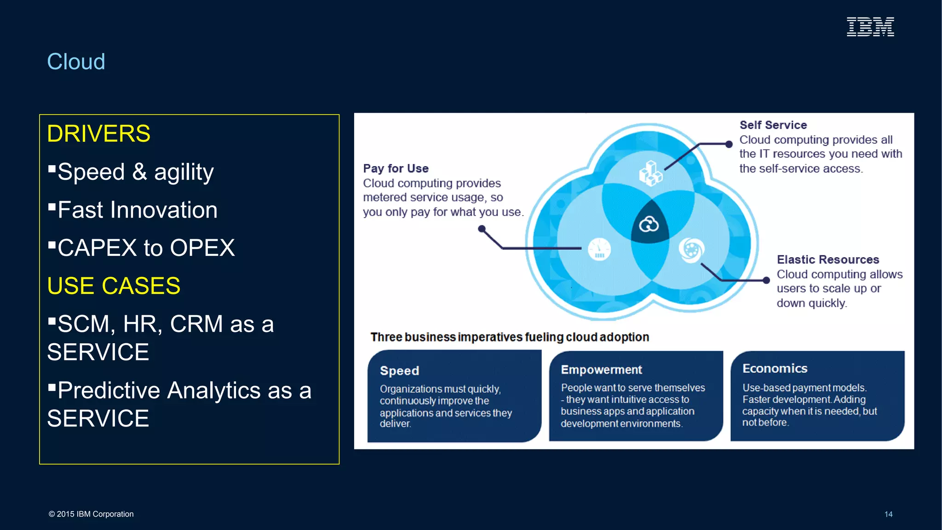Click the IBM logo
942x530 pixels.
pos(870,27)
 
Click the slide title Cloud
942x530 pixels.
pos(76,62)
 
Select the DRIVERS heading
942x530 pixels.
pos(98,134)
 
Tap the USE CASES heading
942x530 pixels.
pos(114,286)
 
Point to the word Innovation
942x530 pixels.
pos(163,210)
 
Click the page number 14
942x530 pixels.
pos(888,514)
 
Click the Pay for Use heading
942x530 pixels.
pos(396,168)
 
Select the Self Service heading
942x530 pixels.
pos(773,125)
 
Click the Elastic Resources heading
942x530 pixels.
pos(827,259)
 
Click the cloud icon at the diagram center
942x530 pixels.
pos(649,225)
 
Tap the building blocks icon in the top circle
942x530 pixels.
pos(650,173)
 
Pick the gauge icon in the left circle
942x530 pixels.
pos(599,249)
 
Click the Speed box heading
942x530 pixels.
pos(399,371)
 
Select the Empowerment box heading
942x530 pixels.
pos(601,370)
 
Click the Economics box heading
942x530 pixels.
pos(775,369)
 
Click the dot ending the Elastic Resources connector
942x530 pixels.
pos(766,280)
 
